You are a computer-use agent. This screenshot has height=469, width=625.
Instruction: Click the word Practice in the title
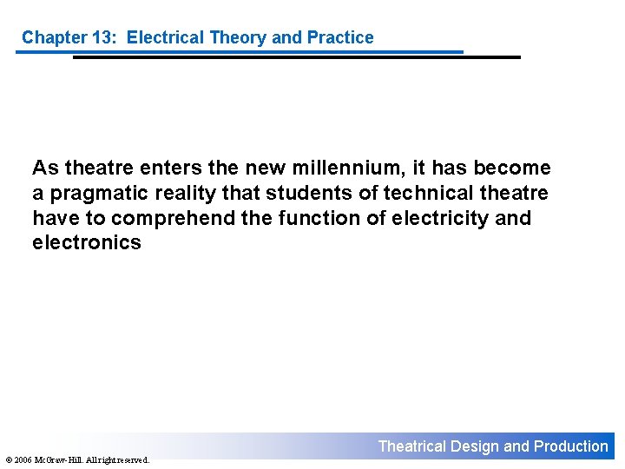[x=340, y=37]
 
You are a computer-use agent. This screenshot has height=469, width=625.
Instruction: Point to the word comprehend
[x=174, y=217]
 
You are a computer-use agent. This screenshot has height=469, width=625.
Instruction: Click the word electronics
[x=86, y=242]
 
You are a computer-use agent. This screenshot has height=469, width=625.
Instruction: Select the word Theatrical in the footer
[x=412, y=446]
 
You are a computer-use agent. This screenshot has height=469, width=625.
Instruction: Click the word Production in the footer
[x=570, y=446]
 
